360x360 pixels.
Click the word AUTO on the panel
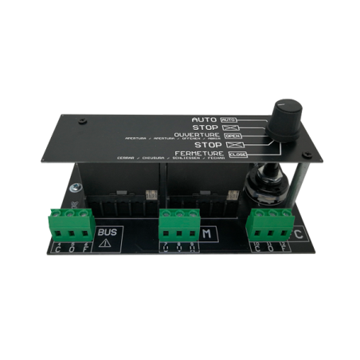click(205, 118)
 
